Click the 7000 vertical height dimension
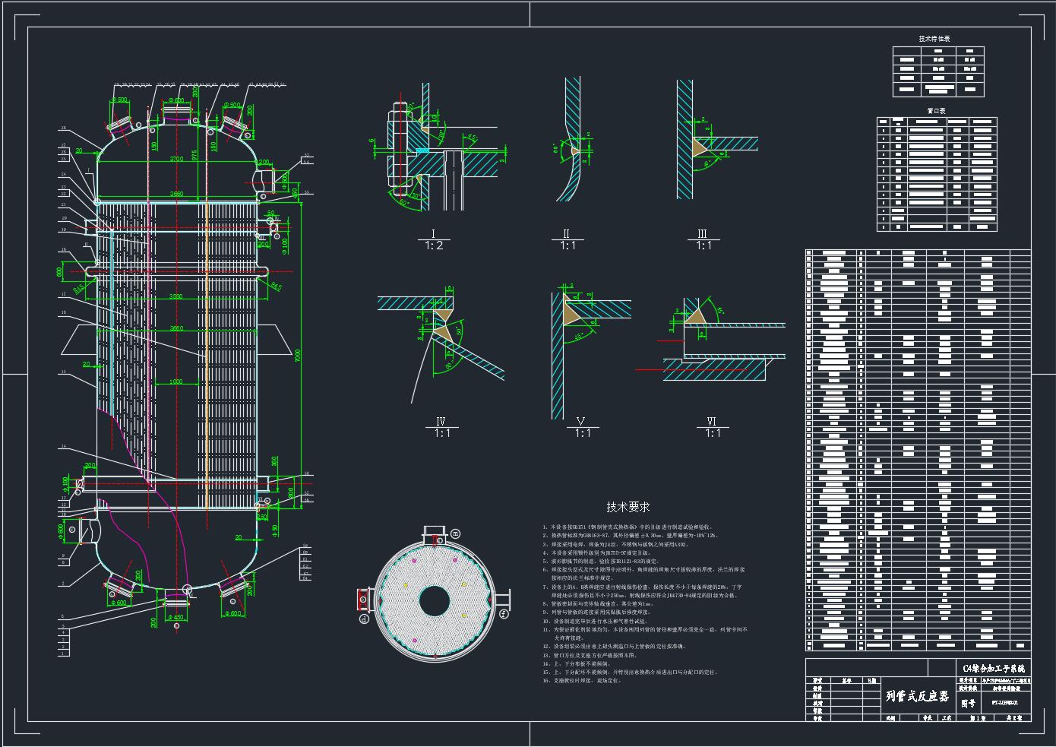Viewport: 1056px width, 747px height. pyautogui.click(x=298, y=354)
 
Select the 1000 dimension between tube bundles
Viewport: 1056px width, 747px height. pyautogui.click(x=175, y=381)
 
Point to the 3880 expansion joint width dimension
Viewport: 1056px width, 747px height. pyautogui.click(x=175, y=296)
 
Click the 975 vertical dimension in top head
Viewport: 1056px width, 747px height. pyautogui.click(x=195, y=155)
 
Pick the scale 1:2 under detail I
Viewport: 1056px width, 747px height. pyautogui.click(x=433, y=245)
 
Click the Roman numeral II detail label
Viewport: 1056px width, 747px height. pyautogui.click(x=566, y=234)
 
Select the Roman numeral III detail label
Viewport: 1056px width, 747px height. pyautogui.click(x=703, y=234)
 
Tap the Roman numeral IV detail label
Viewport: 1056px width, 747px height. pyautogui.click(x=441, y=422)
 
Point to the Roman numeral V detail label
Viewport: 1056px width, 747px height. pyautogui.click(x=581, y=422)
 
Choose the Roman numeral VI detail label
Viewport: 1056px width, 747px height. pyautogui.click(x=712, y=422)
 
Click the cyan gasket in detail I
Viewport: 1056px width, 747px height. pyautogui.click(x=422, y=150)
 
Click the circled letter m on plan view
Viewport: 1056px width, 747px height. pyautogui.click(x=456, y=533)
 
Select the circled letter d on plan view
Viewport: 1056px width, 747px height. pyautogui.click(x=364, y=619)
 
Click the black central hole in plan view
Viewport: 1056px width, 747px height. pyautogui.click(x=434, y=601)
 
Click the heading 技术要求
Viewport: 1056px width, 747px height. pyautogui.click(x=628, y=507)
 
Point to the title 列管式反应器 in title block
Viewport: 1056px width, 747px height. pyautogui.click(x=917, y=696)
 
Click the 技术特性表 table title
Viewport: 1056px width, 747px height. pyautogui.click(x=934, y=38)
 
